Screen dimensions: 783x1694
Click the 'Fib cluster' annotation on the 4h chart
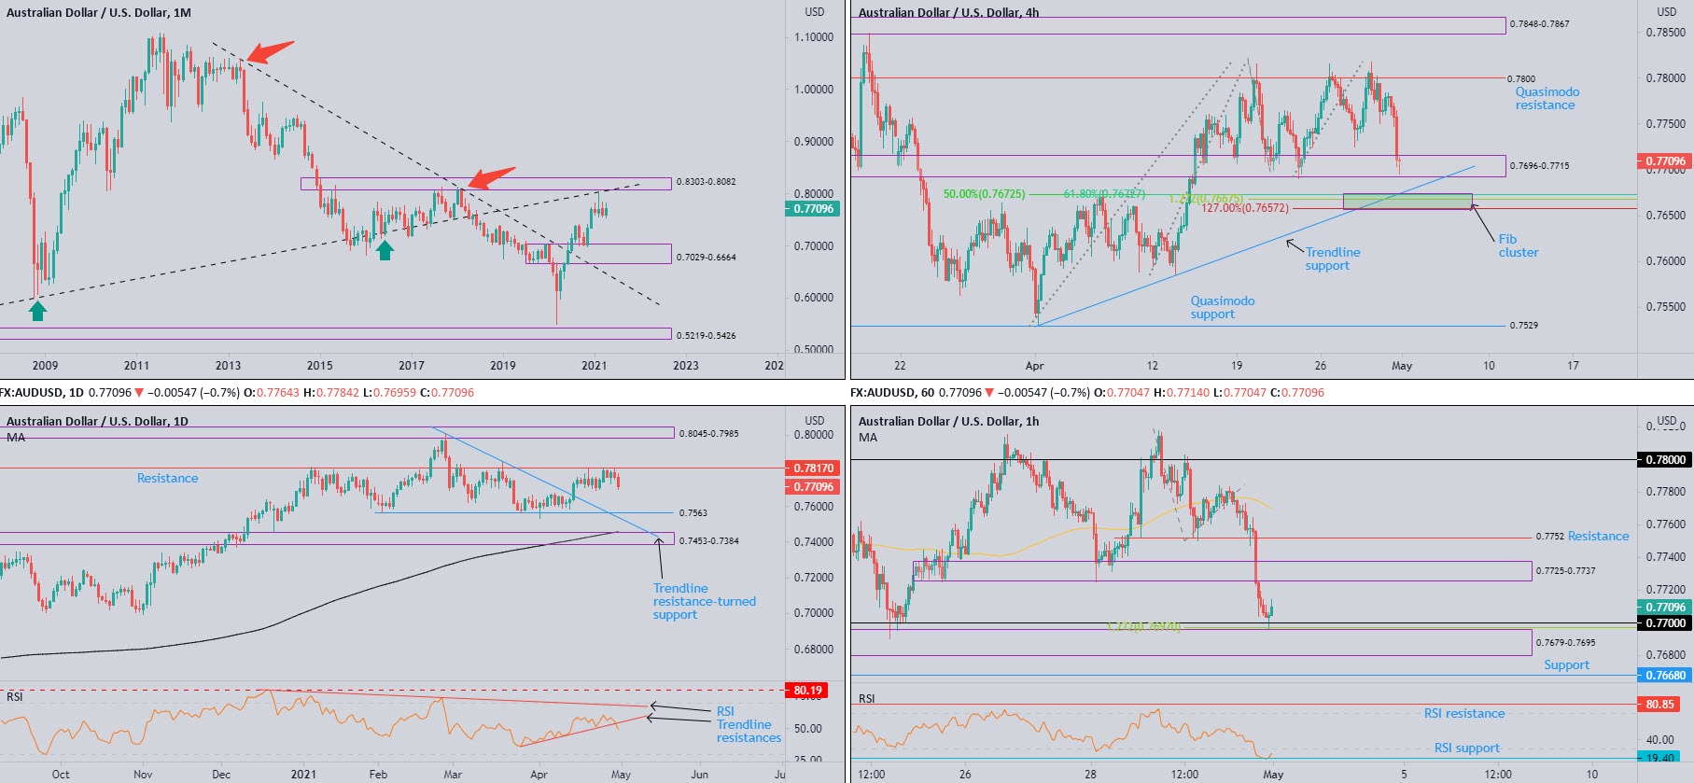[1518, 245]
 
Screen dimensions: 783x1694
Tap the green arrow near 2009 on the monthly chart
[37, 311]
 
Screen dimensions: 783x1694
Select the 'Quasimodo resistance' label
[1547, 98]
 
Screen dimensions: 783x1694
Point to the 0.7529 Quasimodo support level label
[1523, 326]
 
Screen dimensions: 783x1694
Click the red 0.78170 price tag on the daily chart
[813, 468]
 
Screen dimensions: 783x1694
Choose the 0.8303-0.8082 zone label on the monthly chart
[706, 182]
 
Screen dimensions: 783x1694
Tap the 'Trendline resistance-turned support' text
[704, 601]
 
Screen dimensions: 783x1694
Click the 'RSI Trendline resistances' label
[748, 724]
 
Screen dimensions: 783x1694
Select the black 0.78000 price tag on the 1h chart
[1664, 460]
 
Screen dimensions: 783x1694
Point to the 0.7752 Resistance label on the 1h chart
[1582, 537]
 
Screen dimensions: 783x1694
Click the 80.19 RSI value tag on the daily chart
[807, 691]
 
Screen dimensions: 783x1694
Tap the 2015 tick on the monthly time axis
[319, 366]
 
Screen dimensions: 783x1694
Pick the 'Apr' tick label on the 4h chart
[1034, 366]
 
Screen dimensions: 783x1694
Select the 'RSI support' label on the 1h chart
[1466, 748]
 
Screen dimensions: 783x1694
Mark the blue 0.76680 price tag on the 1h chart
[1664, 676]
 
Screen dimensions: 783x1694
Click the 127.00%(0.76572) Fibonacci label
[1244, 208]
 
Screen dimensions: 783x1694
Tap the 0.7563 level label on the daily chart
[693, 513]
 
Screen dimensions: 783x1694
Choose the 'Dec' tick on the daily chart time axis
[221, 774]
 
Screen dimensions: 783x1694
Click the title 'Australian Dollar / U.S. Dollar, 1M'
[99, 13]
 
